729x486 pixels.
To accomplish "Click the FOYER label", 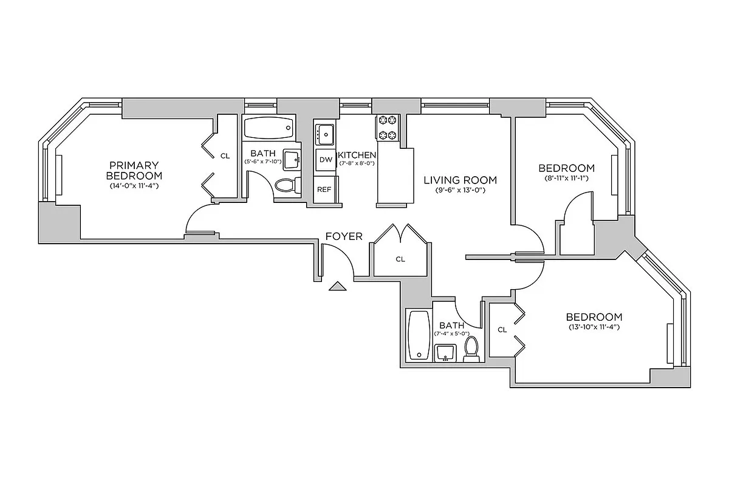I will (x=344, y=236).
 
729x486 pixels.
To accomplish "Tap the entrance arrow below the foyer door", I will (x=337, y=286).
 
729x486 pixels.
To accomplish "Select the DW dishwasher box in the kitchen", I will (x=326, y=160).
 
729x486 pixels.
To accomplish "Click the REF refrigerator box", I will (x=324, y=189).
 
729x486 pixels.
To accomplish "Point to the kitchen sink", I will (x=326, y=132).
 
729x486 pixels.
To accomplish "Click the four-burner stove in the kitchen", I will (x=387, y=128).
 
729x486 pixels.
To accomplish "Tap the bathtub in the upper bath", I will (x=269, y=128).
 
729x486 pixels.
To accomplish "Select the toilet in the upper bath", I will (x=286, y=185).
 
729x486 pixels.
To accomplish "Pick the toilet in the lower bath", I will (x=471, y=347).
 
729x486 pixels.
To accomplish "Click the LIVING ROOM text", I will (x=460, y=180).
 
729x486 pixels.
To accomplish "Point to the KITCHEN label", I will (x=357, y=155).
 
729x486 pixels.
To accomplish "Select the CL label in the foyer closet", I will (x=400, y=259).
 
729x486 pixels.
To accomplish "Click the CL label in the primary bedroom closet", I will (x=225, y=156).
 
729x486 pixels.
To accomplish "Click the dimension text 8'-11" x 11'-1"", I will (x=566, y=178).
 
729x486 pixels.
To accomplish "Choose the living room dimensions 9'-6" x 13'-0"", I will (x=460, y=190).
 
